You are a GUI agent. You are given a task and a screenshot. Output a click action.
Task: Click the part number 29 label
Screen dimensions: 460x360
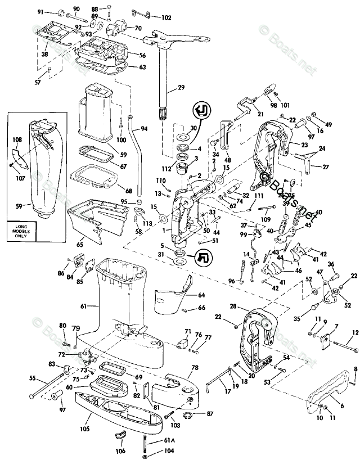point(181,88)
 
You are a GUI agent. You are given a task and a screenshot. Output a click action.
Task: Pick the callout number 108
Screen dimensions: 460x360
point(17,139)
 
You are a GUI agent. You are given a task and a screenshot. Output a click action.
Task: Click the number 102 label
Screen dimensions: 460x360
point(166,17)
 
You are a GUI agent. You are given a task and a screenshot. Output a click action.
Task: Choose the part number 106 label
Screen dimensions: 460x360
point(120,450)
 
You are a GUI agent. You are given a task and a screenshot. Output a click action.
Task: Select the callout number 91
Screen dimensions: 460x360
point(40,11)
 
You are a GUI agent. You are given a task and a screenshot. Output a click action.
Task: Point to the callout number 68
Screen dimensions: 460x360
point(129,191)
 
